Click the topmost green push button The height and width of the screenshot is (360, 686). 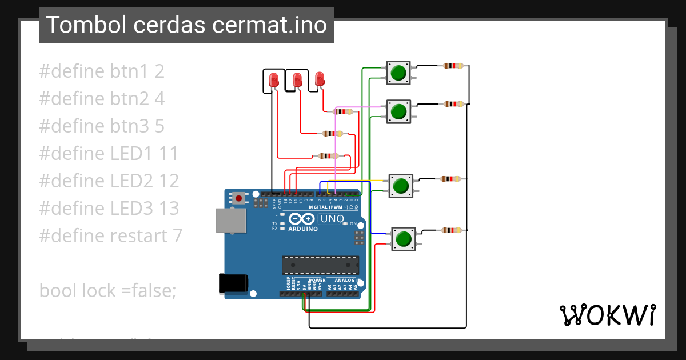(x=398, y=73)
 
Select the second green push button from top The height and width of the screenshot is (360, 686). (x=398, y=111)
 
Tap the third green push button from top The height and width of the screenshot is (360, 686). (x=401, y=186)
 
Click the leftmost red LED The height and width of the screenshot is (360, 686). (x=274, y=80)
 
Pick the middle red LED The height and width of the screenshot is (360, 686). (x=297, y=79)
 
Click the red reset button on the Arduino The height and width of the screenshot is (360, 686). (x=238, y=198)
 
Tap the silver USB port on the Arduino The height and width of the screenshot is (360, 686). (x=228, y=220)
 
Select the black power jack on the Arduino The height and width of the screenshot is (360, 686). (x=233, y=283)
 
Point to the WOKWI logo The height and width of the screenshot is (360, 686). (x=607, y=315)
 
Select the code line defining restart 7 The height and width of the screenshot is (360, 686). (x=110, y=235)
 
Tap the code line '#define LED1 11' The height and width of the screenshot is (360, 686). (x=109, y=153)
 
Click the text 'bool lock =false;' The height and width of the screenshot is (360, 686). (x=108, y=290)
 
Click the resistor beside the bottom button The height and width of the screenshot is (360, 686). (x=452, y=230)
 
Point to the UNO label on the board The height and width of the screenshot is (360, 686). (x=332, y=219)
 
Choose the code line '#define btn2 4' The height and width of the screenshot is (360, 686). (x=102, y=99)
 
